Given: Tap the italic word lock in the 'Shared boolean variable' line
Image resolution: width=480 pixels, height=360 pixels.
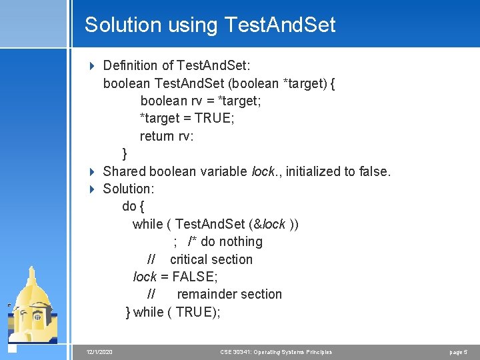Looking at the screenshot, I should pyautogui.click(x=264, y=171).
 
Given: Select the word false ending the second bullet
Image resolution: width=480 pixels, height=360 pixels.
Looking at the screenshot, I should pyautogui.click(x=373, y=171).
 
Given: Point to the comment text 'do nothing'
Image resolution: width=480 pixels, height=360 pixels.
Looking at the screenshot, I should pyautogui.click(x=231, y=241).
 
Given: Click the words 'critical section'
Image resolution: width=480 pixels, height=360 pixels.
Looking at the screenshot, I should pyautogui.click(x=211, y=259).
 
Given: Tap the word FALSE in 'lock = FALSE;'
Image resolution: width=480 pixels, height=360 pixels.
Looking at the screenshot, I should pyautogui.click(x=195, y=277).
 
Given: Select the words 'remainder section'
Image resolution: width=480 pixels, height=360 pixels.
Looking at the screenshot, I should pyautogui.click(x=229, y=294).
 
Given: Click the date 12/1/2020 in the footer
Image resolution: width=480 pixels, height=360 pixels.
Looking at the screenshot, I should pyautogui.click(x=99, y=352).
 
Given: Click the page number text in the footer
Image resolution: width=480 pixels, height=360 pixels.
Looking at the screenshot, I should pyautogui.click(x=459, y=352).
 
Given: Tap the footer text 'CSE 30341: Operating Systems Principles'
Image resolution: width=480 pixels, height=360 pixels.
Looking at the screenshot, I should pyautogui.click(x=275, y=352).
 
